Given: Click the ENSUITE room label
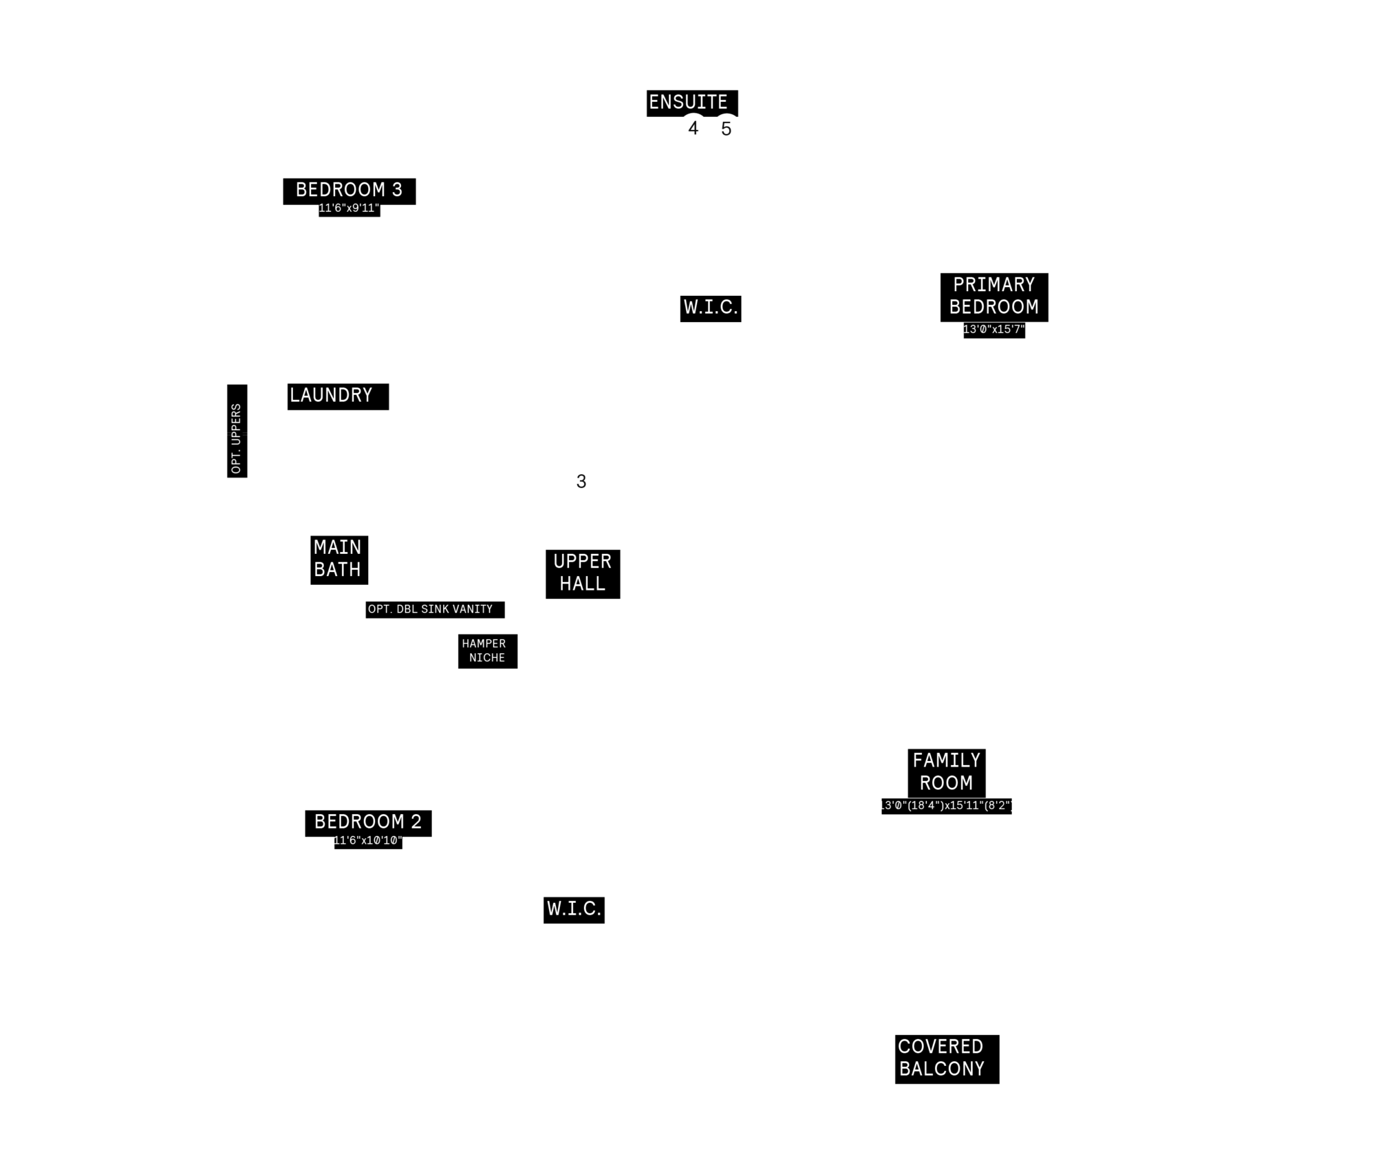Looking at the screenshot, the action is click(x=688, y=103).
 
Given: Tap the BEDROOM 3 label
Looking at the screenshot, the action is click(x=349, y=190).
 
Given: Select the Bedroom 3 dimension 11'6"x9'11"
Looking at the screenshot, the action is click(x=349, y=209).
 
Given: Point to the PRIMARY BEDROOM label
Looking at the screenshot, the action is click(x=994, y=296).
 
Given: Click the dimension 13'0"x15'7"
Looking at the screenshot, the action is click(x=994, y=330).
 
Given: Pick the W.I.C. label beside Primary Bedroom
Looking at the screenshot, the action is click(x=711, y=308).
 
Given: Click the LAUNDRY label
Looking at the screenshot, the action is click(x=331, y=396).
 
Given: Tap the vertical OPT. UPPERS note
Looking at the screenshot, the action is click(x=237, y=438).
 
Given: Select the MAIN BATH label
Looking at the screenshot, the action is click(x=338, y=559).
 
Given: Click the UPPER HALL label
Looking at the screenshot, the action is click(x=583, y=573).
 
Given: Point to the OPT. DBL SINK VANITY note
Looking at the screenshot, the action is click(x=431, y=609).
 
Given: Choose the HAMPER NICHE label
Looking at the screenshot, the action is click(x=484, y=651).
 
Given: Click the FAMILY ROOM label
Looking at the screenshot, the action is click(x=947, y=772).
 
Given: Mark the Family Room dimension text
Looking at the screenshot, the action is click(x=947, y=806).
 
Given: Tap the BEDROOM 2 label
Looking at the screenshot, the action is click(x=368, y=822).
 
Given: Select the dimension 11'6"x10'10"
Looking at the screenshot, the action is click(x=368, y=841).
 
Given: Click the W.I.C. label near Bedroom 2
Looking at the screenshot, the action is click(x=574, y=909).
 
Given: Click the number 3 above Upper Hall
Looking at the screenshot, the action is click(x=581, y=482).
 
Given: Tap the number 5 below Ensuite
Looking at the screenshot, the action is click(x=727, y=129).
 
